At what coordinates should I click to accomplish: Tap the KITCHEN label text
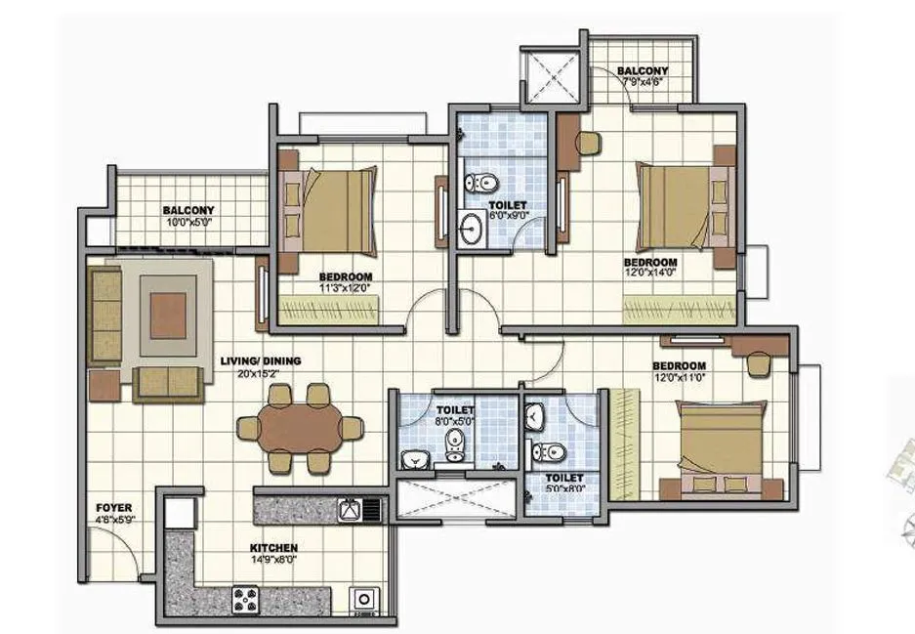[x=272, y=548]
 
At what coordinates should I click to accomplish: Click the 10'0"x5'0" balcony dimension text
[x=188, y=223]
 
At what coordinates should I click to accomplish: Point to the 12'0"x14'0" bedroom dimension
[x=650, y=275]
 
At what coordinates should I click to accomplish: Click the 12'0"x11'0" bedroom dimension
[x=680, y=378]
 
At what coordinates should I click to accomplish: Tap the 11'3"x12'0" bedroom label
[x=346, y=288]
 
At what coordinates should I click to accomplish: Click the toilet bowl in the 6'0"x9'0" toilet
[x=479, y=182]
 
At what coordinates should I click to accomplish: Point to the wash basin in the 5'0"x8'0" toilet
[x=536, y=419]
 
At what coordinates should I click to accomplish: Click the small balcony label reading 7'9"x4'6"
[x=643, y=83]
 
